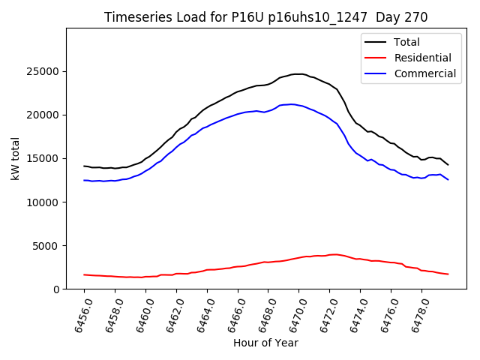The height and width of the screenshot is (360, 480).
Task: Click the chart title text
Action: click(x=265, y=17)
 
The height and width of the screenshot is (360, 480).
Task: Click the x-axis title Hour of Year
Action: click(x=265, y=343)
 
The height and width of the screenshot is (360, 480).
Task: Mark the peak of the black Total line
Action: click(x=298, y=73)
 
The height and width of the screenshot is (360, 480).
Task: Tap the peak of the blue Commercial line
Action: click(x=291, y=104)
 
